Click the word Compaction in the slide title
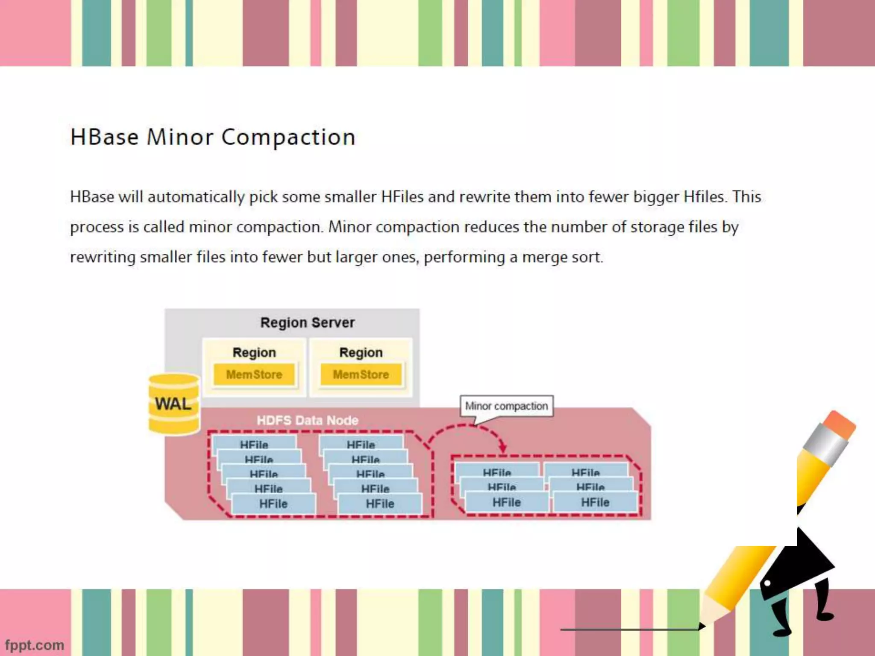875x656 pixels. coord(288,138)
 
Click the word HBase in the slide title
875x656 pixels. coord(105,137)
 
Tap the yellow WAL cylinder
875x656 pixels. coord(174,404)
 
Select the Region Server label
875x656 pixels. coord(307,322)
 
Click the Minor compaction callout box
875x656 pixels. coord(506,406)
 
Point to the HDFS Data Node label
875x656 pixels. coord(307,420)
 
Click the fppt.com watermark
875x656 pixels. coord(35,645)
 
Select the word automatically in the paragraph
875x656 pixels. coord(196,197)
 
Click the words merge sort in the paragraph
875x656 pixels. coord(562,257)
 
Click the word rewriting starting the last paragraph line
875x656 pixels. coord(103,258)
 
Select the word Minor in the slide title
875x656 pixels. coord(180,137)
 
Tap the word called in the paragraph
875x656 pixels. coord(164,227)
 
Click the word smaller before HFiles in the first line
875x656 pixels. coord(350,197)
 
